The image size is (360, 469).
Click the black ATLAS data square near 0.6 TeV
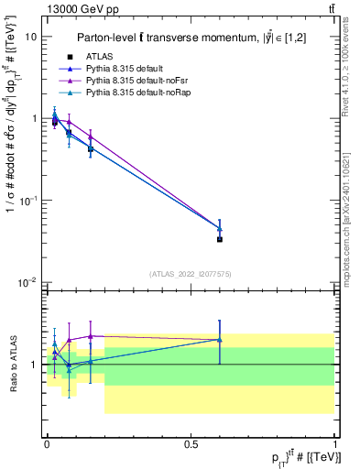point(220,239)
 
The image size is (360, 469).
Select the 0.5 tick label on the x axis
point(191,443)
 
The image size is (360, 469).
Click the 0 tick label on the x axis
point(47,443)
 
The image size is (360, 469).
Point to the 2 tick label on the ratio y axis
point(35,316)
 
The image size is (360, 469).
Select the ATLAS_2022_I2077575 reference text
point(191,274)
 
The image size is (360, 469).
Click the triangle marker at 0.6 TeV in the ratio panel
point(220,340)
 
